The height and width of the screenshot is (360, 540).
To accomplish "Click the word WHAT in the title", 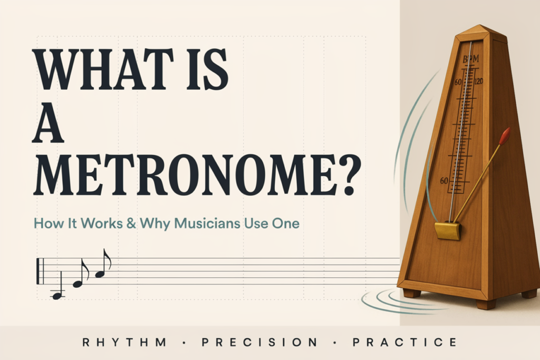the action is click(103, 70).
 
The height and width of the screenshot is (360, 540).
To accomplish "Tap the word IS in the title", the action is click(207, 70).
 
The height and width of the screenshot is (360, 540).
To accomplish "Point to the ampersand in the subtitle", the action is click(131, 223).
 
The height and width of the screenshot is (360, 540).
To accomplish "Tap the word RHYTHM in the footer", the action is click(124, 343).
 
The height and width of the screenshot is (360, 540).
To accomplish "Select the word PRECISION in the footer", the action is click(259, 343).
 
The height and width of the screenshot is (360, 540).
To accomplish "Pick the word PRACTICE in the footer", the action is click(405, 343).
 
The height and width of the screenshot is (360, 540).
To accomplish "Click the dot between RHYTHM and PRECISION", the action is click(184, 343).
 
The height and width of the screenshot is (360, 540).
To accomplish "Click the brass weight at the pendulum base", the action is click(448, 230).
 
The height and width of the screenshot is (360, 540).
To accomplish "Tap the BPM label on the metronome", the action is click(470, 59).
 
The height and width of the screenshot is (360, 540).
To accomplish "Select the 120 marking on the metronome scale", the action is click(479, 82).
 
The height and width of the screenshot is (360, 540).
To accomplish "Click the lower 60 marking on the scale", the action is click(444, 181).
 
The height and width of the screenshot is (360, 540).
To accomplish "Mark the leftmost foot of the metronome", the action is click(412, 293).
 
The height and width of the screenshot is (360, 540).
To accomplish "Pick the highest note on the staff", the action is click(103, 263).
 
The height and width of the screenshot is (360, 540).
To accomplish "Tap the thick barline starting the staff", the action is click(38, 271).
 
